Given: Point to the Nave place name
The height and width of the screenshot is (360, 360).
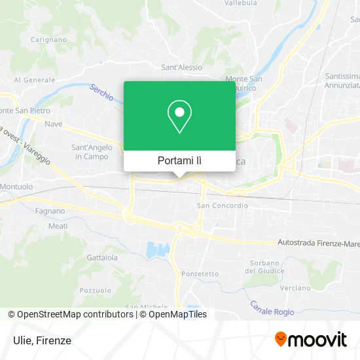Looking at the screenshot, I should click(x=54, y=124).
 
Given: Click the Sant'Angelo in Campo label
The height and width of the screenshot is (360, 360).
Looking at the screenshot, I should click(x=91, y=152).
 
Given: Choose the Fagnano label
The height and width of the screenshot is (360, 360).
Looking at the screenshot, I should click(x=51, y=211).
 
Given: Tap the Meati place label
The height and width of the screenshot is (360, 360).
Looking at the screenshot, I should click(x=58, y=226).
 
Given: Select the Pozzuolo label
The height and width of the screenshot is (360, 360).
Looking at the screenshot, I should click(x=96, y=289).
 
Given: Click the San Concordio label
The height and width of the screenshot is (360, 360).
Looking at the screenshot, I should click(x=223, y=206).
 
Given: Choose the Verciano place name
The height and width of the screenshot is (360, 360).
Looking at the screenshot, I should click(x=295, y=287).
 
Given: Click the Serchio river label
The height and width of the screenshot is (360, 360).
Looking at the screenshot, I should click(x=102, y=93).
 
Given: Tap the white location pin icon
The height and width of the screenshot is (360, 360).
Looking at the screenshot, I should click(x=179, y=115).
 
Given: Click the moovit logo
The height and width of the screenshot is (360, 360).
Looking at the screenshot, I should click(x=310, y=339).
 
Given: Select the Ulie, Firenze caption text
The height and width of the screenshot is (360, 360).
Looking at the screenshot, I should click(x=41, y=340).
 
